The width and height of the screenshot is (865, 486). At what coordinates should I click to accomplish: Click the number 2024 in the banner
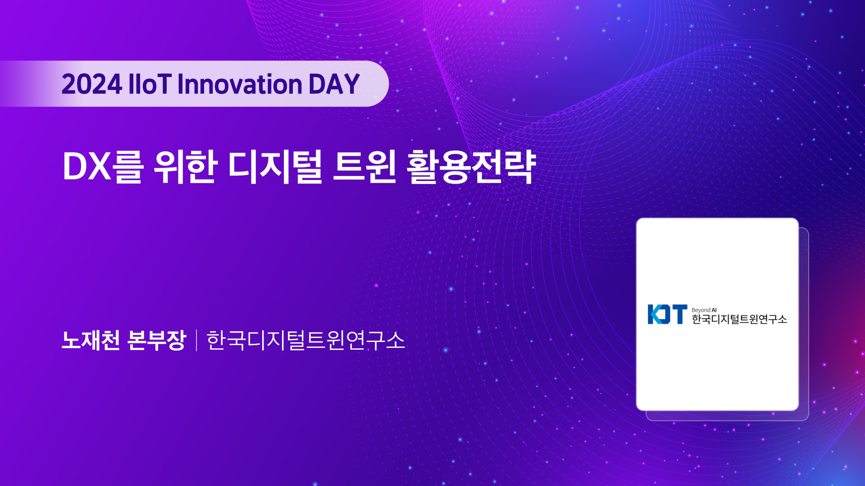[x=92, y=84]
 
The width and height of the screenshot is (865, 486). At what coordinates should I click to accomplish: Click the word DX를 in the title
[x=103, y=166]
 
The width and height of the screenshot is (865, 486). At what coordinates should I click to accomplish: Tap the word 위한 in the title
[x=186, y=166]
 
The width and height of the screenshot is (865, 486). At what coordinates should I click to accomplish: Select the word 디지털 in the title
[x=275, y=166]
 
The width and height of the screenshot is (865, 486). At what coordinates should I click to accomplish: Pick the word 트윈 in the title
[x=364, y=166]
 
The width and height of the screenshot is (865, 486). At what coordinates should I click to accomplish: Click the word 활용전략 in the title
[x=471, y=166]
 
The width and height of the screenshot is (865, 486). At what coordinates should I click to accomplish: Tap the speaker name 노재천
[x=91, y=340]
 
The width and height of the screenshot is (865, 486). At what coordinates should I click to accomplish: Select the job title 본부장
[x=157, y=340]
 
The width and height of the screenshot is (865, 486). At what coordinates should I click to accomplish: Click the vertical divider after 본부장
[x=196, y=340]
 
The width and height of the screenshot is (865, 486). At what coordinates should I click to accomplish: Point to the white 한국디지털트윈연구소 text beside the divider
[x=306, y=340]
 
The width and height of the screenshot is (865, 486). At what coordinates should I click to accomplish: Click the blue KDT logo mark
[x=668, y=314]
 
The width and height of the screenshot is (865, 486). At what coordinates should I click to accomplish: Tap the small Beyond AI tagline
[x=704, y=310]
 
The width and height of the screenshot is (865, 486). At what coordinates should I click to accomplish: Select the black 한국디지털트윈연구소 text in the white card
[x=739, y=319]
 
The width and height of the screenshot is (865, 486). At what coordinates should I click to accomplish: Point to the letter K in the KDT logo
[x=654, y=314]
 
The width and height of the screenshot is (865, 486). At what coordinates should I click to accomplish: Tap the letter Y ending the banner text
[x=351, y=84]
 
